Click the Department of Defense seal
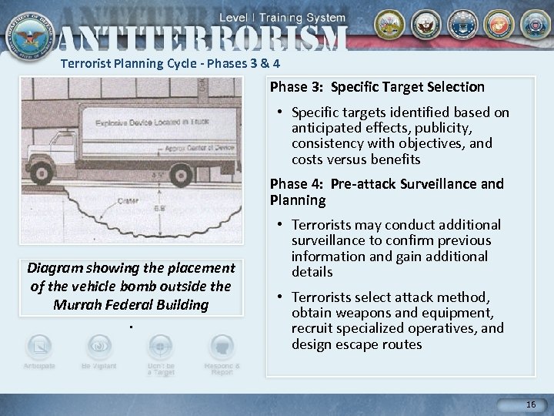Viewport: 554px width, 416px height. [x=28, y=29]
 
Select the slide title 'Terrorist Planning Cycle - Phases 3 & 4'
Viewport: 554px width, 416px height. [x=175, y=64]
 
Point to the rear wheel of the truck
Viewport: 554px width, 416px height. [x=182, y=170]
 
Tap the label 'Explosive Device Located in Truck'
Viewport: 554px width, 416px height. [x=152, y=121]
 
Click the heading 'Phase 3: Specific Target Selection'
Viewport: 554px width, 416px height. [x=377, y=87]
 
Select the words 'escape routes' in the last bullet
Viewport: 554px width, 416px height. [x=382, y=344]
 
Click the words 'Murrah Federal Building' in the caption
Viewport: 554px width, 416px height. [x=131, y=304]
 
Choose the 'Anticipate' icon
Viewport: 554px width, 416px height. [x=38, y=346]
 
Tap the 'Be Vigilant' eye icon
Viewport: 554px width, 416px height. [x=98, y=346]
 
